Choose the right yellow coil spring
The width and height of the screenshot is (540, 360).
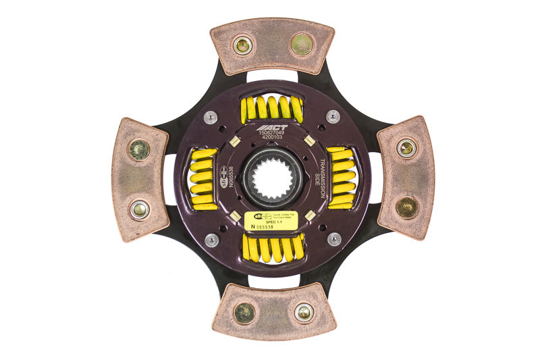tap(342, 178)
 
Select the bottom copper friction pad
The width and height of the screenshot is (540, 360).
tap(273, 311)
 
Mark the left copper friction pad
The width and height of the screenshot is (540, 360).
tap(139, 178)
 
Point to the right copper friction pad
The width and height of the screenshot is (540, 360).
tap(405, 178)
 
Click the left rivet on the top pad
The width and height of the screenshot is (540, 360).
tap(242, 46)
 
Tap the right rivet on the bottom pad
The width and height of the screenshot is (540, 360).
tap(304, 311)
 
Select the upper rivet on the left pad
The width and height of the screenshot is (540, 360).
tap(140, 149)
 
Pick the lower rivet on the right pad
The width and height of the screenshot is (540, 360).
tap(406, 207)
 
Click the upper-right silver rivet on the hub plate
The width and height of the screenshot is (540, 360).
tap(333, 116)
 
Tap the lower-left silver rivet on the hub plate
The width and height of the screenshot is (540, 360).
tap(212, 240)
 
